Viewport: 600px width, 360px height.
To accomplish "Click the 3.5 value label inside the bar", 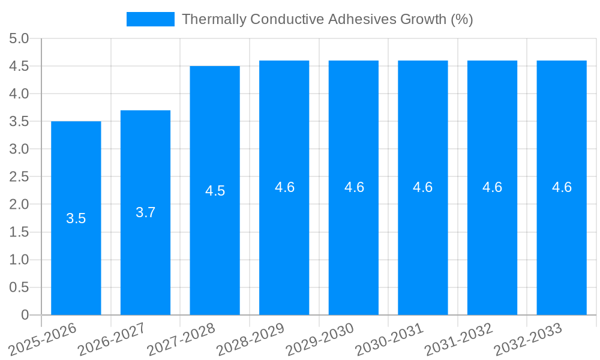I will [x=76, y=218].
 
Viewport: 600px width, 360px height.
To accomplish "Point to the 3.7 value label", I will [x=146, y=212].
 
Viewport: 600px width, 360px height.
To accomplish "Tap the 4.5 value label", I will [x=215, y=191].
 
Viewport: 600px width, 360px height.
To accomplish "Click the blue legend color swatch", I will [x=150, y=19].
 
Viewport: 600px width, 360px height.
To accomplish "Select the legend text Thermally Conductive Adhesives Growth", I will [x=327, y=19].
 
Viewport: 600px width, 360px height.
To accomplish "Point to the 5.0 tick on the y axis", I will [x=19, y=39].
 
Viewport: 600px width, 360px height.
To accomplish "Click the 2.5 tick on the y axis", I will [x=19, y=177].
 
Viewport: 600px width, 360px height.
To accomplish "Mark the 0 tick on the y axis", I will [x=25, y=315].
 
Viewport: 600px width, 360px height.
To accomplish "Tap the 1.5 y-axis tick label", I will [x=19, y=232].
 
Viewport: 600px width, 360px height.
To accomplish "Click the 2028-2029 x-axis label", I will [x=250, y=340].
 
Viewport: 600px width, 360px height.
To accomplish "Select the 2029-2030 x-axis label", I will [x=320, y=340].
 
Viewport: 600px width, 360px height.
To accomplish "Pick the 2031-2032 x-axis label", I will [x=458, y=340].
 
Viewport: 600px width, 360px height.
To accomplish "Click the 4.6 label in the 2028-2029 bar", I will [x=284, y=187].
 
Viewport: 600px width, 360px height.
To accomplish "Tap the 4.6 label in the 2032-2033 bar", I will [x=562, y=187].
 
